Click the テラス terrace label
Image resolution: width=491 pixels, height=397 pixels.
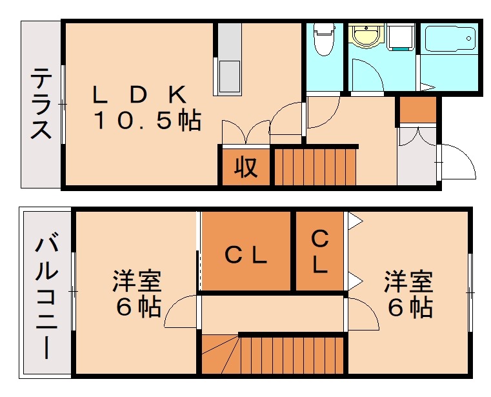(x=41, y=105)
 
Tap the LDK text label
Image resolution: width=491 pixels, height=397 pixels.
(x=139, y=95)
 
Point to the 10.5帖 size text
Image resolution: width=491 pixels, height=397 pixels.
(x=148, y=121)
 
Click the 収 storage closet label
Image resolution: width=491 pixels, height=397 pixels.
(x=246, y=167)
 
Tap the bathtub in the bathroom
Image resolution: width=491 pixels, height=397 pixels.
(x=450, y=40)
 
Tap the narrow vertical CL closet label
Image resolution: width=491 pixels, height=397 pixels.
(x=319, y=251)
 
